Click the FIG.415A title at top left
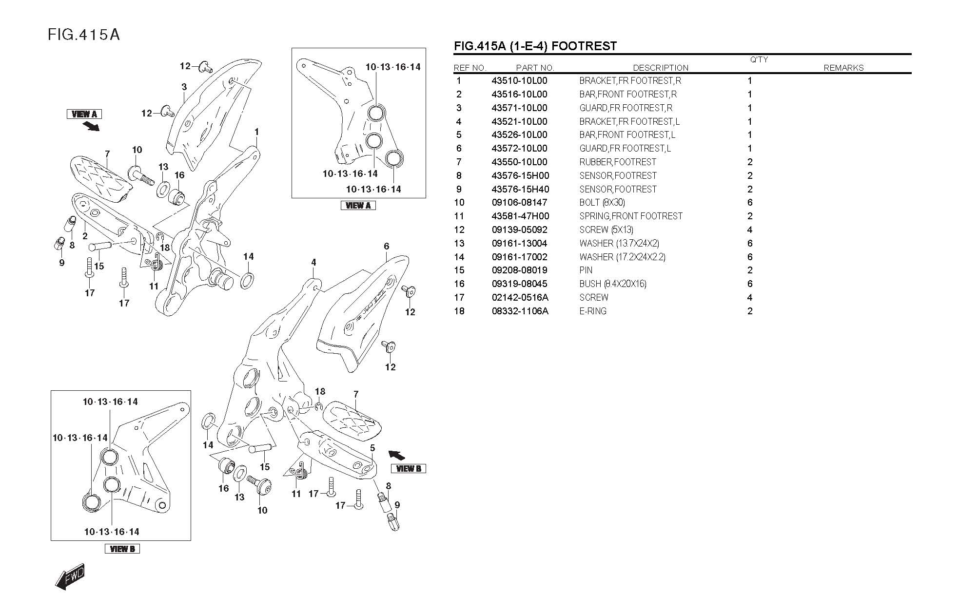click(x=84, y=35)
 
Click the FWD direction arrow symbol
click(x=70, y=577)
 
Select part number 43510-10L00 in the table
click(x=519, y=81)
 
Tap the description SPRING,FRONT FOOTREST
click(x=631, y=216)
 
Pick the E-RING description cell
click(x=593, y=311)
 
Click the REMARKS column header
click(x=843, y=68)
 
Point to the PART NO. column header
click(x=535, y=68)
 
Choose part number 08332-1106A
click(x=520, y=311)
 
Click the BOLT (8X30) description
click(x=602, y=202)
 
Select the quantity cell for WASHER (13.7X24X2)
click(x=750, y=243)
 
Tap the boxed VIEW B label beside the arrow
click(x=409, y=469)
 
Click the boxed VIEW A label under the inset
click(x=358, y=206)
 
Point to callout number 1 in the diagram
click(x=256, y=132)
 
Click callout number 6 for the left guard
click(x=387, y=246)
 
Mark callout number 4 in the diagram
click(x=313, y=262)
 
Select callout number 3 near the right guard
click(x=184, y=87)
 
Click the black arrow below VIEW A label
click(x=91, y=126)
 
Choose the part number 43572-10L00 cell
click(x=519, y=148)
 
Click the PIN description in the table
click(x=586, y=270)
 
